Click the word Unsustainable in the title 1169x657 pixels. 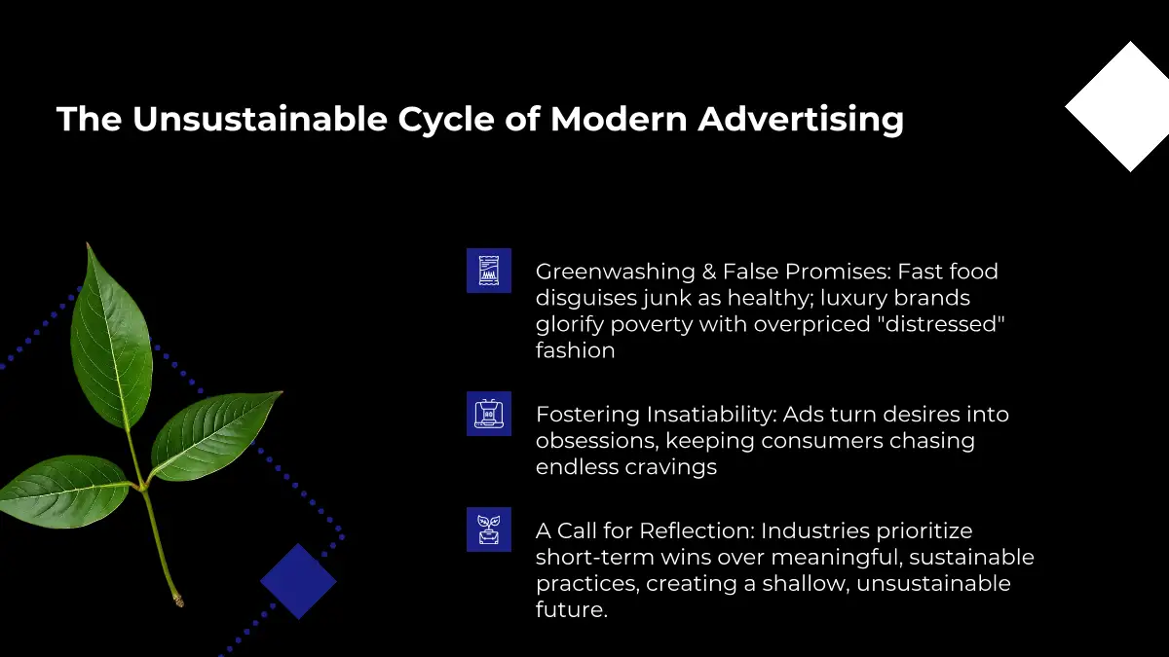[x=260, y=119]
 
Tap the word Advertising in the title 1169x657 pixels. [x=801, y=121]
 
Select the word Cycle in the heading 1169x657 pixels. [x=446, y=121]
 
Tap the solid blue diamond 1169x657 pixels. [x=298, y=581]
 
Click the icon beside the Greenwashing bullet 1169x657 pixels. [x=489, y=271]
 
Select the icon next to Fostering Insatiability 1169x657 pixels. [x=489, y=414]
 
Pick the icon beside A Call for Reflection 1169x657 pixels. [x=489, y=529]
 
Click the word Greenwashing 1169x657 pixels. [x=616, y=273]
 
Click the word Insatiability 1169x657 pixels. [x=712, y=415]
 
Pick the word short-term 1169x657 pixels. [x=595, y=558]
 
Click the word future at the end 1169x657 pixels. [x=572, y=609]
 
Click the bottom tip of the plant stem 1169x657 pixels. [x=180, y=603]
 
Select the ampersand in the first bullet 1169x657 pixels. [x=709, y=272]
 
